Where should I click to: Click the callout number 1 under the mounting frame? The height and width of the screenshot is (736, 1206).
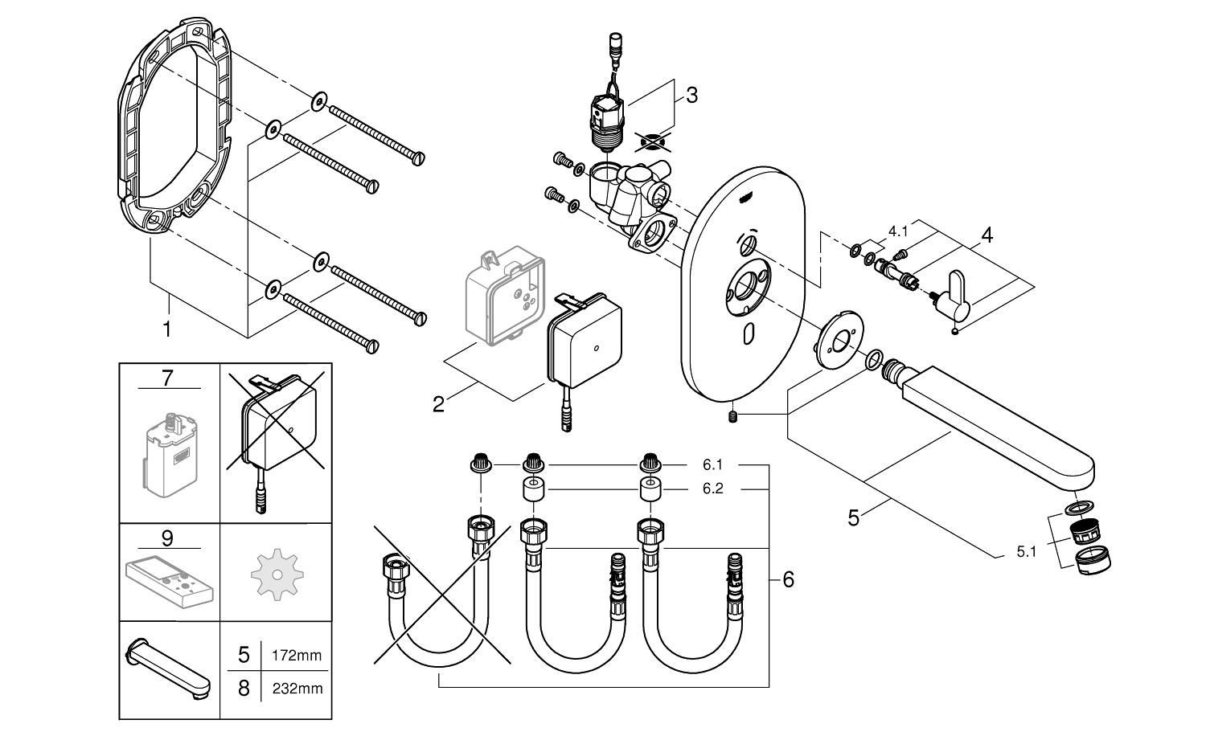click(167, 329)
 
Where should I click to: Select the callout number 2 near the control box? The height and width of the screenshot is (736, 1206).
click(438, 403)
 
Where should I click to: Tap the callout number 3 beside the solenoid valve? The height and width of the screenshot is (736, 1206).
click(691, 94)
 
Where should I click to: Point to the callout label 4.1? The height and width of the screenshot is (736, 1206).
click(898, 231)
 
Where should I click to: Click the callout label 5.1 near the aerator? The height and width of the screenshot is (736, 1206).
click(1028, 551)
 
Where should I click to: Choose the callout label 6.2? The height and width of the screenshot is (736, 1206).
click(712, 488)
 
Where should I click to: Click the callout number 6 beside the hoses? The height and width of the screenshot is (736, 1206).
click(788, 579)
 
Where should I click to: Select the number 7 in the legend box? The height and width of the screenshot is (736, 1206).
click(167, 378)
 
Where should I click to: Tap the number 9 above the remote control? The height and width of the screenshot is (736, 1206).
click(167, 538)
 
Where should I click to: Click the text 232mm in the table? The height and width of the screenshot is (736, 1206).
click(298, 689)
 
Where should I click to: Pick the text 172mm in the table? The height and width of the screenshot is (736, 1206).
click(298, 656)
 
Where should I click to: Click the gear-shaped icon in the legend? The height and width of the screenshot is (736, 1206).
click(275, 573)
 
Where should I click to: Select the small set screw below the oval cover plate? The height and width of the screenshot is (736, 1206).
click(731, 416)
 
